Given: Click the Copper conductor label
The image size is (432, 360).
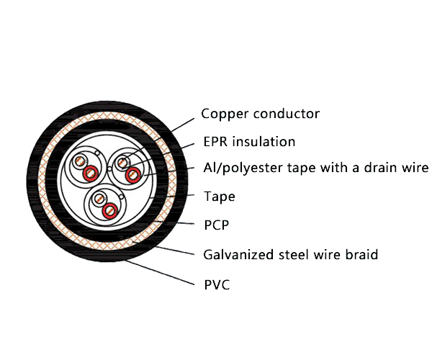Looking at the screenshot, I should point(260,114).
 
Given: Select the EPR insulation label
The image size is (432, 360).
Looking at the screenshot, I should point(248,141).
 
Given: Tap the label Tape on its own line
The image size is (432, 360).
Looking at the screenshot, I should point(219,196).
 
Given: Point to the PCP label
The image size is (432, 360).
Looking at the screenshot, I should point(216,225).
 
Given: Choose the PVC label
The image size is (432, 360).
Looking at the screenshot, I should point(217,284).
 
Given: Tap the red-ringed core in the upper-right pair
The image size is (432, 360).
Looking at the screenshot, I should point(132,175).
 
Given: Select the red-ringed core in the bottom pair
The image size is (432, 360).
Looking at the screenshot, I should point(110,210).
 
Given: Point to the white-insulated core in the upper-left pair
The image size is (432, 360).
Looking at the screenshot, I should point(78,162).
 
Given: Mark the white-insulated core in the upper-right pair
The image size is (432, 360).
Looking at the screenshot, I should point(122,162).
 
